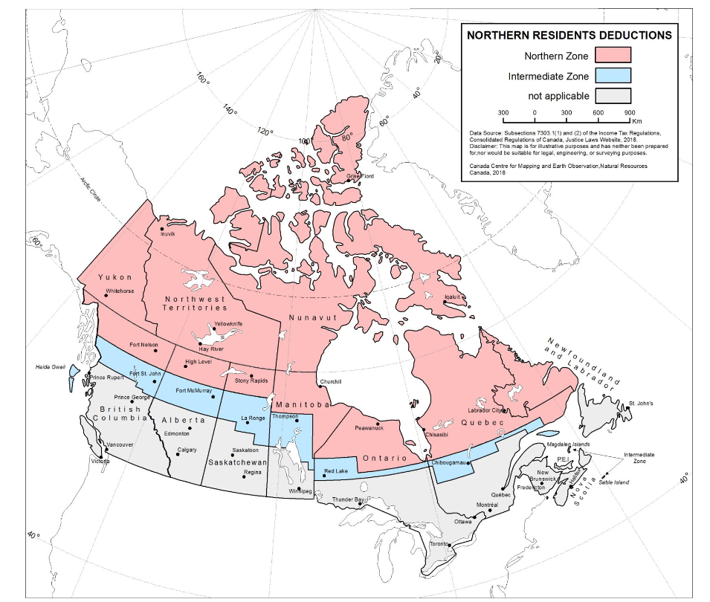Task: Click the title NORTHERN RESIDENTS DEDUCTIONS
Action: pyautogui.click(x=569, y=35)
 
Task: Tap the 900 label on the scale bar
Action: pyautogui.click(x=628, y=112)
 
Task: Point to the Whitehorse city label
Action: pyautogui.click(x=120, y=291)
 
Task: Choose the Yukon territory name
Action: pyautogui.click(x=115, y=277)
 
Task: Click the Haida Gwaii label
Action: pyautogui.click(x=51, y=367)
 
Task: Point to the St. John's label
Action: pyautogui.click(x=640, y=404)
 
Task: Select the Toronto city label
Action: pyautogui.click(x=439, y=544)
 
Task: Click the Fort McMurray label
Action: pyautogui.click(x=194, y=390)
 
